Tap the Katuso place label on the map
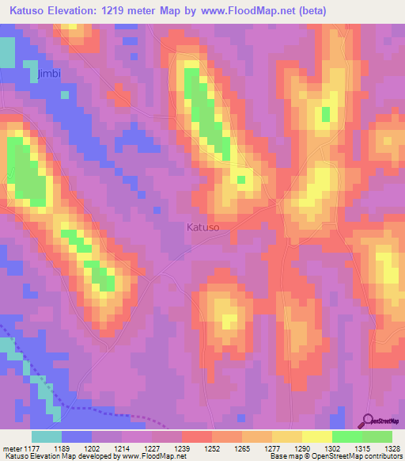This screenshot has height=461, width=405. pyautogui.click(x=202, y=227)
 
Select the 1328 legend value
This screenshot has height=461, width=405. pyautogui.click(x=383, y=449)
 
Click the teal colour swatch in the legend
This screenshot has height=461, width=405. pyautogui.click(x=47, y=436)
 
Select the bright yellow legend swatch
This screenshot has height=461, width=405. pyautogui.click(x=316, y=436)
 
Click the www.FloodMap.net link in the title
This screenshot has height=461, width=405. pyautogui.click(x=241, y=10)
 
